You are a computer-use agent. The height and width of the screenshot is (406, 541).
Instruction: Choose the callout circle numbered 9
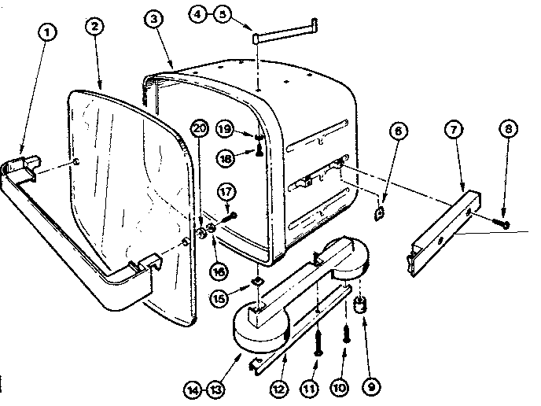point(368,386)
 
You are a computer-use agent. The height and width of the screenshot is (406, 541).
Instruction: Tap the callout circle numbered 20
point(199,128)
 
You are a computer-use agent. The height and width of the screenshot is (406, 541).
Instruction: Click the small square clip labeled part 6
point(379,212)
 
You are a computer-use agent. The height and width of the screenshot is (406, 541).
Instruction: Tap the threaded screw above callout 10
point(345,335)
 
